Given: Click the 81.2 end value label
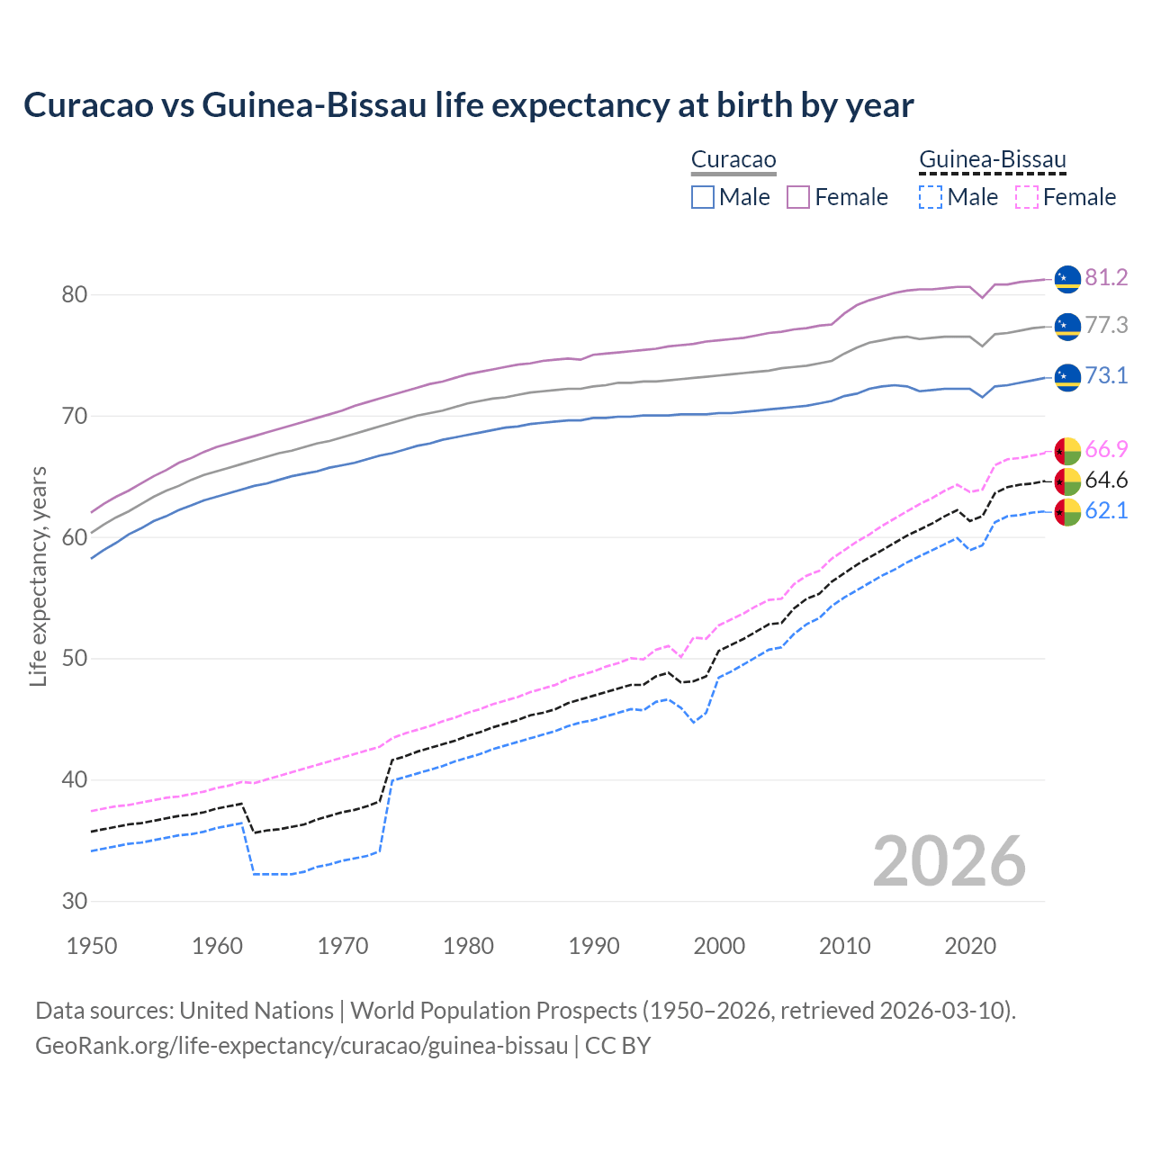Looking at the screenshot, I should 1106,277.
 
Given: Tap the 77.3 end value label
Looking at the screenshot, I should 1106,325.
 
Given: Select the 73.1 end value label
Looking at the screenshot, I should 1106,375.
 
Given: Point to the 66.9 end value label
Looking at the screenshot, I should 1106,449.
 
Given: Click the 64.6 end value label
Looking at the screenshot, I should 1106,480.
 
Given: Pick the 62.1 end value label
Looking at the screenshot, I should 1106,510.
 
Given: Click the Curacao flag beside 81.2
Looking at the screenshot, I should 1067,279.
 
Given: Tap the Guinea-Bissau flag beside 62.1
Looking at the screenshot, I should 1067,512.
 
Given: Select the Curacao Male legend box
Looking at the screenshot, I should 703,197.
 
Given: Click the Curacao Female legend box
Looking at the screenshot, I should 798,197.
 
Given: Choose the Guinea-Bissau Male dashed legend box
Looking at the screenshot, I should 931,197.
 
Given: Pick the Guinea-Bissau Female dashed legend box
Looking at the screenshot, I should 1027,197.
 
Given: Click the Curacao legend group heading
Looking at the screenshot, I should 733,160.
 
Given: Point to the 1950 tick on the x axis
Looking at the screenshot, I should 92,946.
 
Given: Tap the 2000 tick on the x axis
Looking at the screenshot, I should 719,946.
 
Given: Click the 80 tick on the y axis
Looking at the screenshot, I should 75,295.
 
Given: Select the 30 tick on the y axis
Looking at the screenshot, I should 75,901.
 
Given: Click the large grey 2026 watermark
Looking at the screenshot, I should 949,861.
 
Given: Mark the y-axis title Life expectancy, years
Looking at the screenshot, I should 38,576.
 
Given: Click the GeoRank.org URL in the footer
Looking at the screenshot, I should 301,1046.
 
